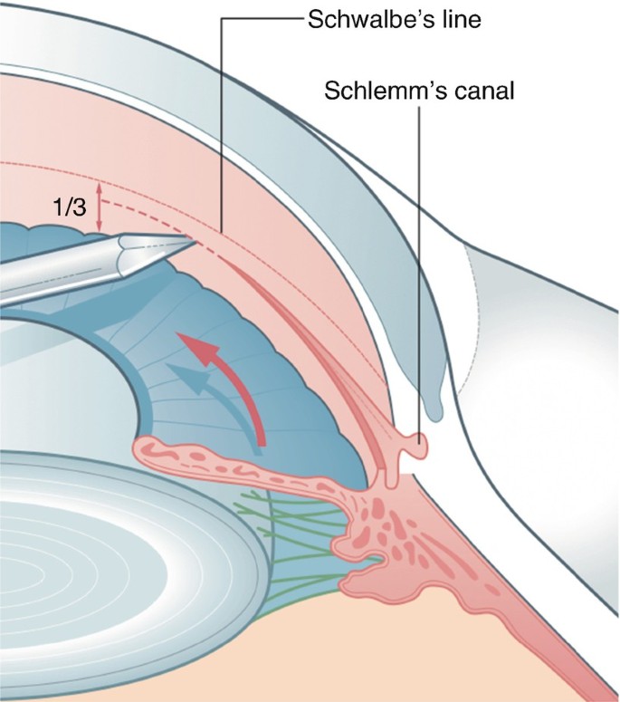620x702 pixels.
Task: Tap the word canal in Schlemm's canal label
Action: pyautogui.click(x=475, y=91)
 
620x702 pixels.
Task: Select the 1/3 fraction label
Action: pyautogui.click(x=69, y=207)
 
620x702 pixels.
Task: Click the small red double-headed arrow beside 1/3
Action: pyautogui.click(x=100, y=210)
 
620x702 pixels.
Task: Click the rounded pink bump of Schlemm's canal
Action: pyautogui.click(x=418, y=445)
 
